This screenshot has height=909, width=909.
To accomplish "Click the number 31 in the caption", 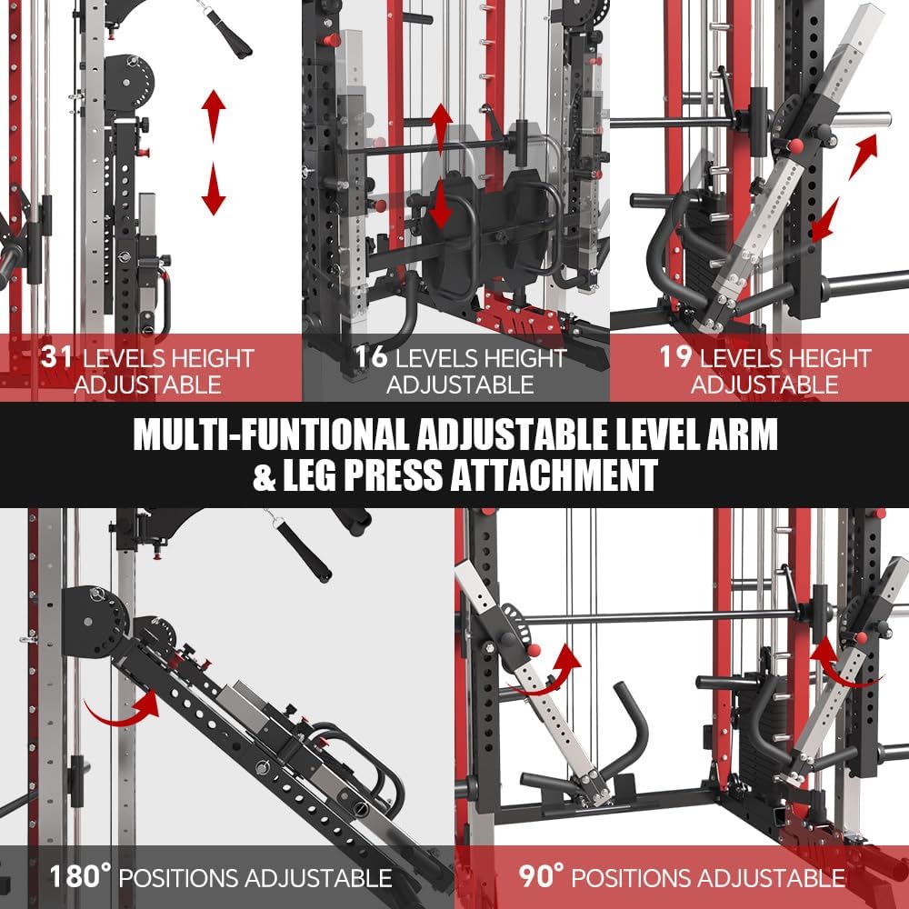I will pos(57,355).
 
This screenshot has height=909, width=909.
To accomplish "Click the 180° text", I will pos(79,878).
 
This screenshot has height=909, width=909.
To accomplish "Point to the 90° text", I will pos(542,878).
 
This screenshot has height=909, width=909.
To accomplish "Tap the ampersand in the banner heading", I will pos(264,476).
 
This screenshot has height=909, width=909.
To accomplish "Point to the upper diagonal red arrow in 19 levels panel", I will pos(864,150).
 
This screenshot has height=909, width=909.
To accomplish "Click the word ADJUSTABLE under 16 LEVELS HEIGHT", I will pos(459,384).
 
